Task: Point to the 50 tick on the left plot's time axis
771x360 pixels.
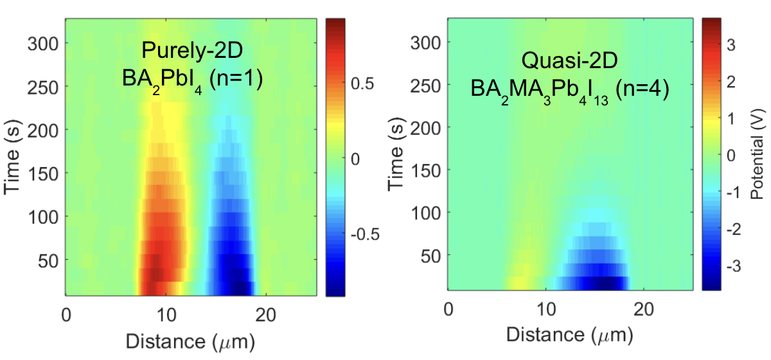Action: coord(48,260)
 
